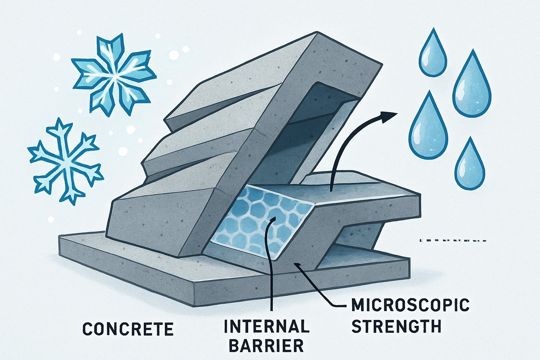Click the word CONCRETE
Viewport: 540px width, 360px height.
pos(128,329)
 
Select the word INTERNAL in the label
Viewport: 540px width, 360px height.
pos(267,326)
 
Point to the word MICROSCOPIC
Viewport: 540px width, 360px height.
pos(411,305)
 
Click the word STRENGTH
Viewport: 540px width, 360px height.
pos(397,326)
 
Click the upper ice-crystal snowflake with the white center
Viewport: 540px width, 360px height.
pos(114,75)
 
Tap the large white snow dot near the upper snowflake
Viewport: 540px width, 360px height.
pos(174,55)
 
